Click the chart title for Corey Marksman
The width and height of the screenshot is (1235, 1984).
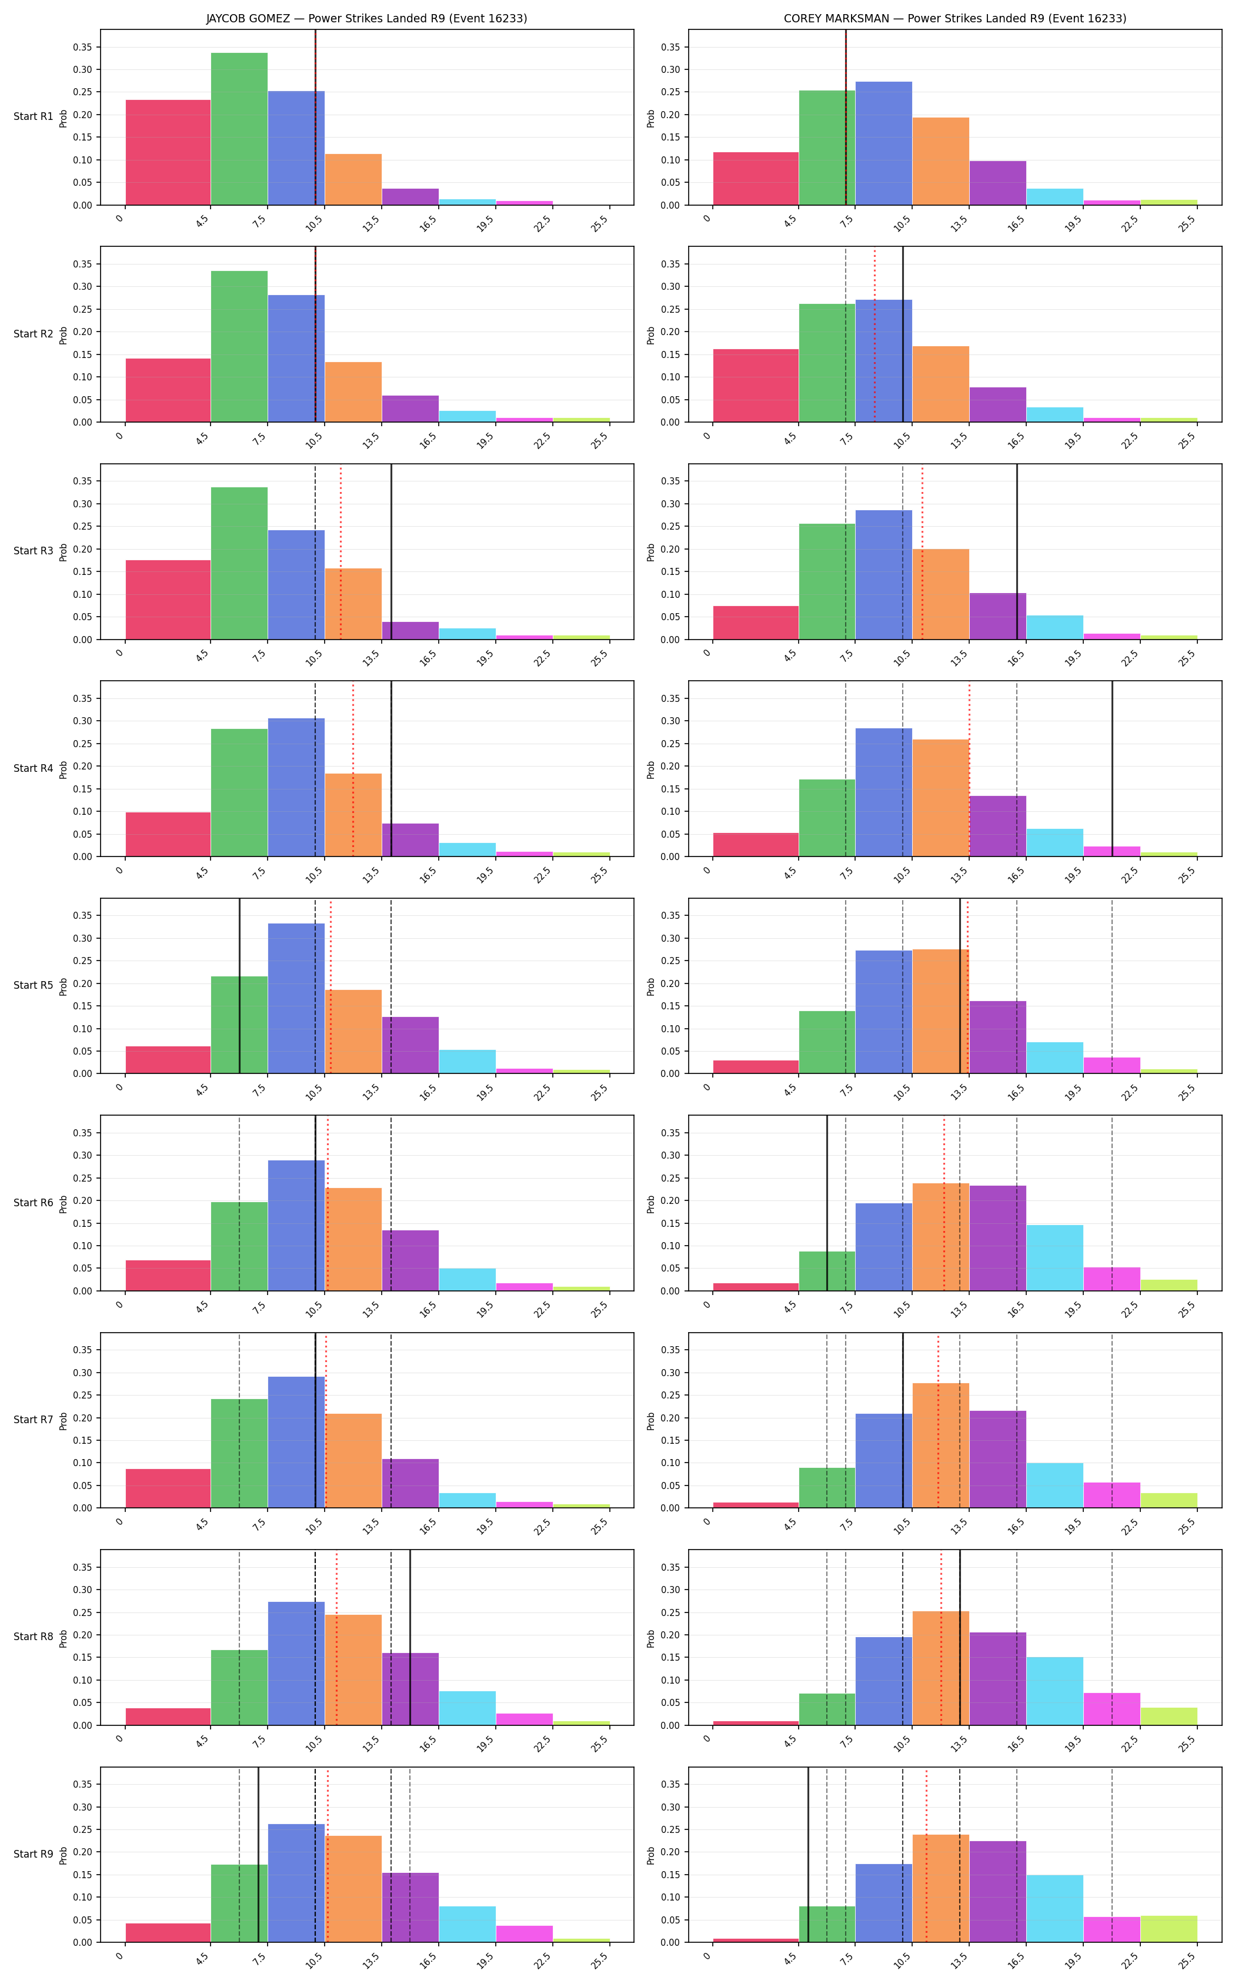pos(955,18)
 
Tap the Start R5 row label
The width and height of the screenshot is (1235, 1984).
pos(34,985)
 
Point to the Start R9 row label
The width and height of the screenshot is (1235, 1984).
pos(34,1854)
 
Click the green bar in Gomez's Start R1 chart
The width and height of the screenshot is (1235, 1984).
pos(239,129)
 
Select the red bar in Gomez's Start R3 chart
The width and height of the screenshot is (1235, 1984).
pos(168,599)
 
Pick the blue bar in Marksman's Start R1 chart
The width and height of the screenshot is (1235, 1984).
pos(884,143)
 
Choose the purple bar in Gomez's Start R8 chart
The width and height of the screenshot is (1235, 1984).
pos(410,1689)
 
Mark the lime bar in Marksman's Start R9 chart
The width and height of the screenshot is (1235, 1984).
pos(1169,1929)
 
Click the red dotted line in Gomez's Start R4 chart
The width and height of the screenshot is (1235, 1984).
pos(353,769)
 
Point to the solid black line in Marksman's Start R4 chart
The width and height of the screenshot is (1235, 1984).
pos(1111,769)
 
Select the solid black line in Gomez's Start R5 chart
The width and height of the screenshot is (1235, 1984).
pos(239,986)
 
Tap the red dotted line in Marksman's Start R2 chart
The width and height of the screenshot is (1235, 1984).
pos(875,334)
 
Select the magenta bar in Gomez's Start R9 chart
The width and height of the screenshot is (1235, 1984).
pos(525,1934)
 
